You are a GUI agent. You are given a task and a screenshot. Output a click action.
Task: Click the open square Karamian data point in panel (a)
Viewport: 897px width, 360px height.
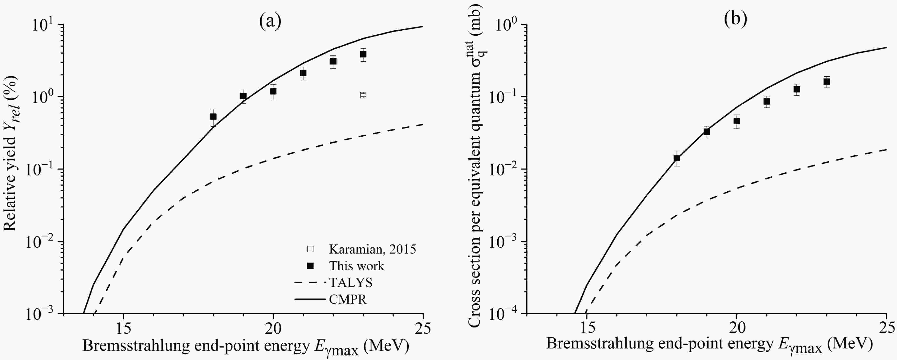[x=363, y=95]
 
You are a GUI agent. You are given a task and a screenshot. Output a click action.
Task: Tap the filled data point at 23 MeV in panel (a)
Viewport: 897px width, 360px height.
[x=363, y=54]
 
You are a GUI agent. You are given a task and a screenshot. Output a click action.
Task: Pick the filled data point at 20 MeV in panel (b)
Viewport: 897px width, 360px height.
[x=737, y=121]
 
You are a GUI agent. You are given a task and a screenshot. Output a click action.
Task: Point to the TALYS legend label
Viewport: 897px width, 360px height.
[x=351, y=282]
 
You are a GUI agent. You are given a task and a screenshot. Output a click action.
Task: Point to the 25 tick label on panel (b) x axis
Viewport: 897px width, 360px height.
[x=886, y=328]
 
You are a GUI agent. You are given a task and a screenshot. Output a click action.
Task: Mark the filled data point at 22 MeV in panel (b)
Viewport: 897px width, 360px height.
[x=797, y=89]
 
